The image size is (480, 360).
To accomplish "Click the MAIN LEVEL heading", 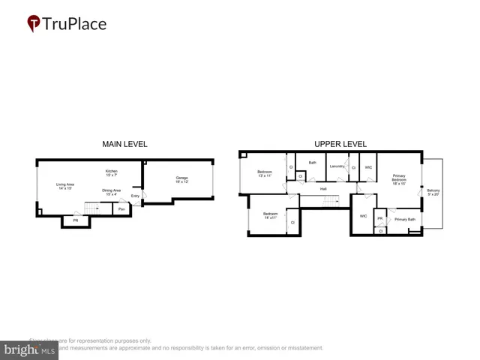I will [124, 144].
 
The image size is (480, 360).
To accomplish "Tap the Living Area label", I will [65, 186].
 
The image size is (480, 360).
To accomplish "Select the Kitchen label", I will [111, 173].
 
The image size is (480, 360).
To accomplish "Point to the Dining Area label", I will [112, 193].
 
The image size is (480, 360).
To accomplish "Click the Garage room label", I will [181, 180].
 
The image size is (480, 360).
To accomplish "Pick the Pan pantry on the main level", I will [121, 209].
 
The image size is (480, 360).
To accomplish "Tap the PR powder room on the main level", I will [75, 220].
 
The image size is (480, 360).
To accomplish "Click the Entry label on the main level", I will [135, 196].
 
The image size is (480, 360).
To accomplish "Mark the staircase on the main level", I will [94, 208].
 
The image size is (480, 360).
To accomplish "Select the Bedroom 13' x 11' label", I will [265, 174].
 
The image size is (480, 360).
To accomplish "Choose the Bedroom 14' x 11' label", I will [270, 216].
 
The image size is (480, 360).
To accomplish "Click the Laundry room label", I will [337, 166].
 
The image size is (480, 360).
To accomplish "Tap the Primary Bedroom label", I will [399, 180].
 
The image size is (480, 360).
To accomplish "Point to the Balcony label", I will [433, 193].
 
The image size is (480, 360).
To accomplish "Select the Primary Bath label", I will [405, 219].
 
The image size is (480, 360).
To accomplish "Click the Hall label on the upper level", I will [323, 189].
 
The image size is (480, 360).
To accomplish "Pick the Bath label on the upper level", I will [312, 163].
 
